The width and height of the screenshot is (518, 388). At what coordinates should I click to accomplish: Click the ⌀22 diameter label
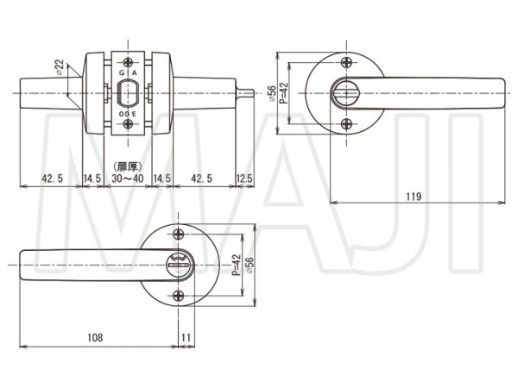tap(60, 66)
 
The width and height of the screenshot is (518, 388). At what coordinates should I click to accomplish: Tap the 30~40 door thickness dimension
tap(128, 178)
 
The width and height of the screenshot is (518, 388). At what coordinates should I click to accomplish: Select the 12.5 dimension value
tap(245, 178)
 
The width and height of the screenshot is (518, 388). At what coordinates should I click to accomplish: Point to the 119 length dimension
tap(414, 197)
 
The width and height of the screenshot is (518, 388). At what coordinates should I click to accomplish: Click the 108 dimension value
tap(95, 337)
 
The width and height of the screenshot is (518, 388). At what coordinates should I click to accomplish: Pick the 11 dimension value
tap(186, 337)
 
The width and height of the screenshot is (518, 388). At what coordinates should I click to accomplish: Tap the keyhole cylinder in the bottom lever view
tap(179, 264)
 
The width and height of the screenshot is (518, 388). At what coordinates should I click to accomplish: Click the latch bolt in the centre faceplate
tap(128, 94)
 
